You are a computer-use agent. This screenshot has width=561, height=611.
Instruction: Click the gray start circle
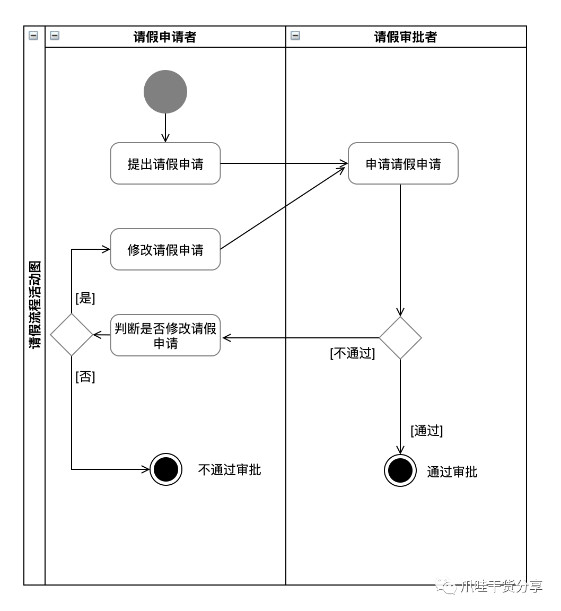point(165,92)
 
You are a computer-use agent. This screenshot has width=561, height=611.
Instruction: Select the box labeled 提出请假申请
point(165,163)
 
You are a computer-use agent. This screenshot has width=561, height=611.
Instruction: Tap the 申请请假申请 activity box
point(403,163)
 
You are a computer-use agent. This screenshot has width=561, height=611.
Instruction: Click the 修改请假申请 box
point(165,249)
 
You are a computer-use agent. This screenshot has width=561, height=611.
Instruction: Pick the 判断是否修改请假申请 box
point(165,335)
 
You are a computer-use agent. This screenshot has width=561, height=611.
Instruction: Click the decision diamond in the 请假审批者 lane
point(400,337)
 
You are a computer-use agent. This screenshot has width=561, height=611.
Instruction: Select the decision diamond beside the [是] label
point(72,335)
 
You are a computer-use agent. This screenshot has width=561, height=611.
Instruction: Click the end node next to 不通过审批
point(166,469)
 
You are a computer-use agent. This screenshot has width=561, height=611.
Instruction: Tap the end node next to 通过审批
point(400,470)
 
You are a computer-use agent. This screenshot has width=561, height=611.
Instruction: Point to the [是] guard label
point(85,298)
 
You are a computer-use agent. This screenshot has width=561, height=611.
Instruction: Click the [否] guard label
point(85,377)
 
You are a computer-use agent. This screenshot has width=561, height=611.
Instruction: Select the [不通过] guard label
point(353,353)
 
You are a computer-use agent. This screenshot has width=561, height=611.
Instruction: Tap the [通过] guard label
point(427,430)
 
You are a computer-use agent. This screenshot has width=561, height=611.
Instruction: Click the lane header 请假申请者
point(165,37)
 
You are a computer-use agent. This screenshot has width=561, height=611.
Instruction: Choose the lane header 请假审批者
point(406,37)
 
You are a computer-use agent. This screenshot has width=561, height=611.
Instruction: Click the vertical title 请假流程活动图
point(35,305)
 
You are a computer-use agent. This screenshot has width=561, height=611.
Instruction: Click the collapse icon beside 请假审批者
point(295,36)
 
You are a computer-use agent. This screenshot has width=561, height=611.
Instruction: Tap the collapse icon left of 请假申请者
point(55,36)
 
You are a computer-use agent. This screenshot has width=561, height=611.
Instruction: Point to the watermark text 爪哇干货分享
point(502,586)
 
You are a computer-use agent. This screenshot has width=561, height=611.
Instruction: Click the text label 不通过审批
point(230,469)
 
